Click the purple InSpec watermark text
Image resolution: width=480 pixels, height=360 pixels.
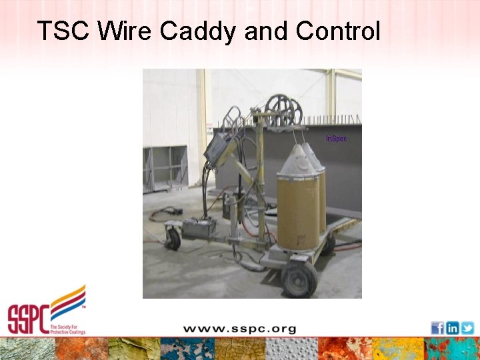[x=336, y=139]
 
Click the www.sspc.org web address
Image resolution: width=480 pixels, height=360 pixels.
[x=239, y=329]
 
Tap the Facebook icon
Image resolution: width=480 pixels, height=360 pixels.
[x=437, y=328]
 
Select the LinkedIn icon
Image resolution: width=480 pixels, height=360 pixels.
[x=452, y=328]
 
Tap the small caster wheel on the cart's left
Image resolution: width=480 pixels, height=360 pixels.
[x=173, y=239]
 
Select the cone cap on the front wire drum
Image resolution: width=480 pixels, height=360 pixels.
[x=297, y=161]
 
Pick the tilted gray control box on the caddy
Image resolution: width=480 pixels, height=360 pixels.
[x=218, y=149]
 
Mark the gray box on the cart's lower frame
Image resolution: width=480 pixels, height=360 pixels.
[x=198, y=229]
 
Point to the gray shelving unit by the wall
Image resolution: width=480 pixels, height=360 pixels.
[x=165, y=169]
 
